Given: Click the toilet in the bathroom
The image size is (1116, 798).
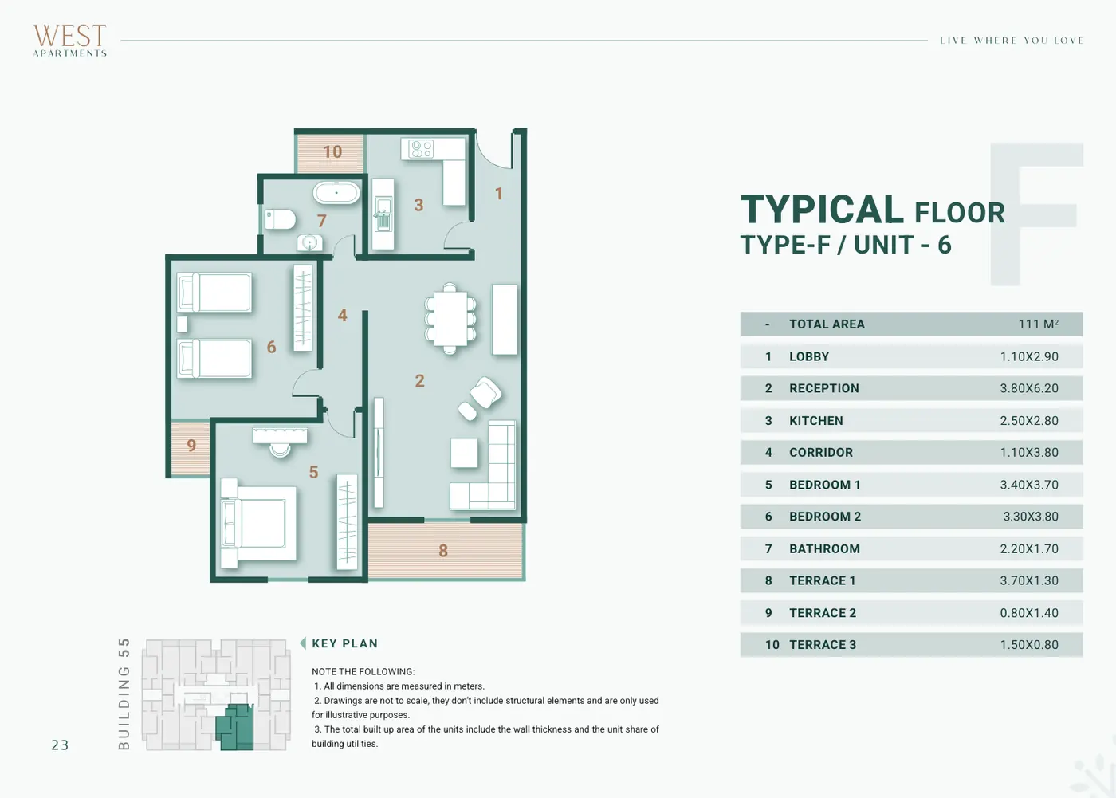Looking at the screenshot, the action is (x=280, y=219).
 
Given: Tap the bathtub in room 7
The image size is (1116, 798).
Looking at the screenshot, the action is (x=336, y=193).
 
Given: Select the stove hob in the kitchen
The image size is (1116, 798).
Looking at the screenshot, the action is (x=421, y=149).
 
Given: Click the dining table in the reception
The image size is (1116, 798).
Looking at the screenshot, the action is (x=450, y=318).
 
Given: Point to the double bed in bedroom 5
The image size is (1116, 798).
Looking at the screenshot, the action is (x=258, y=523).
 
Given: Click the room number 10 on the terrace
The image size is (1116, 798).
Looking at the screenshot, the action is (x=332, y=151).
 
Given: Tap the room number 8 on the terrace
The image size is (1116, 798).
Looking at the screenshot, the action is (x=443, y=550).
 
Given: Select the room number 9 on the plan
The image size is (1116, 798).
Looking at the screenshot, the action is (x=191, y=445).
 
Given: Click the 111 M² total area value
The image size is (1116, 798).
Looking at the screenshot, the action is (x=1038, y=324).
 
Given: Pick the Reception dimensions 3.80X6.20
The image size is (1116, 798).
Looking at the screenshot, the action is (x=1029, y=388).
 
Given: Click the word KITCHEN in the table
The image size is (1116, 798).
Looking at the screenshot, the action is (x=816, y=421).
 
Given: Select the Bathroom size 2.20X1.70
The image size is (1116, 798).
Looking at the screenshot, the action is (x=1029, y=549).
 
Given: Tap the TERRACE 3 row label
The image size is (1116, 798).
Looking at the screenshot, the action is (x=823, y=645).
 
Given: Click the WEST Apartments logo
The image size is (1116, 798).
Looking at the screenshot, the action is (x=70, y=41).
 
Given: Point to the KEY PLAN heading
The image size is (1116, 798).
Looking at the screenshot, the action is (x=344, y=643).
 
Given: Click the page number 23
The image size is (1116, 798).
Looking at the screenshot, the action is (x=60, y=745).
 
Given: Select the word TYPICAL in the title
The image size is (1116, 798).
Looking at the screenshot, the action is (x=822, y=210).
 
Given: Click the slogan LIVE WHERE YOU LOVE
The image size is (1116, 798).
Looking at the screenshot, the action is (x=1012, y=41).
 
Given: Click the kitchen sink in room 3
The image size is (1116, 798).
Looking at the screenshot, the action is (x=383, y=214).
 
